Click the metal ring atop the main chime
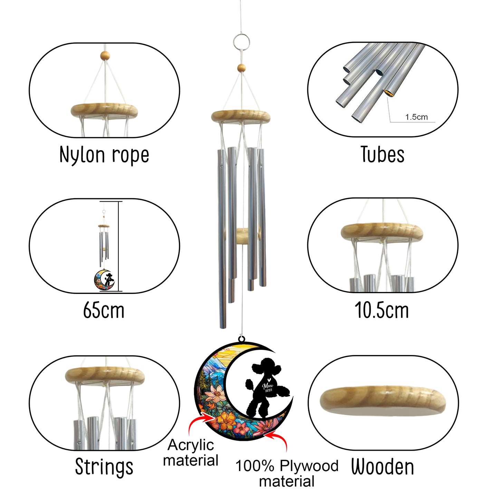(241, 42)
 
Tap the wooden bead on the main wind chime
(241, 68)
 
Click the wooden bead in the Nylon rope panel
(105, 55)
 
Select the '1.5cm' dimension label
(416, 117)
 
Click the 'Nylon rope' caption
(104, 154)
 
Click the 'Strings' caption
(104, 467)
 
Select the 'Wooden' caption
(383, 467)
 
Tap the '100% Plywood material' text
(287, 474)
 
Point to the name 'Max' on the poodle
(268, 386)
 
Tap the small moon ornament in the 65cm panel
(105, 280)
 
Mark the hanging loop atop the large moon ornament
(242, 339)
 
